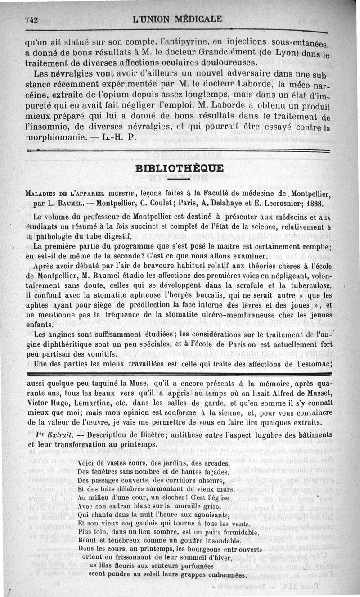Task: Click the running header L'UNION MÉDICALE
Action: (x=178, y=19)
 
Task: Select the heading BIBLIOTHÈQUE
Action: (x=179, y=168)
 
